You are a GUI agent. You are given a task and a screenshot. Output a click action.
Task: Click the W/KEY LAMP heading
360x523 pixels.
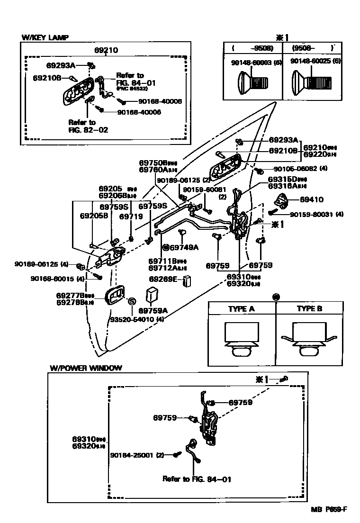tap(45, 36)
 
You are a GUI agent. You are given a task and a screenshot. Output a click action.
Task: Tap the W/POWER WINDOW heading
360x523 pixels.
tap(86, 368)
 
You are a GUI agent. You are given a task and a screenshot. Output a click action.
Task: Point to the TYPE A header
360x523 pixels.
tap(241, 309)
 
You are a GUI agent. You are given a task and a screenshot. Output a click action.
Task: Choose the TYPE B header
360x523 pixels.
tap(309, 309)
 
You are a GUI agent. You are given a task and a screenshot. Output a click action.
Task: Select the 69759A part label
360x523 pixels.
tap(153, 311)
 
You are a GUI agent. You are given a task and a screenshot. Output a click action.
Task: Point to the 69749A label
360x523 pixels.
tap(184, 247)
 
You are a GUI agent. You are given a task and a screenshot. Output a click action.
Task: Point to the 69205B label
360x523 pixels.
tap(94, 216)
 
